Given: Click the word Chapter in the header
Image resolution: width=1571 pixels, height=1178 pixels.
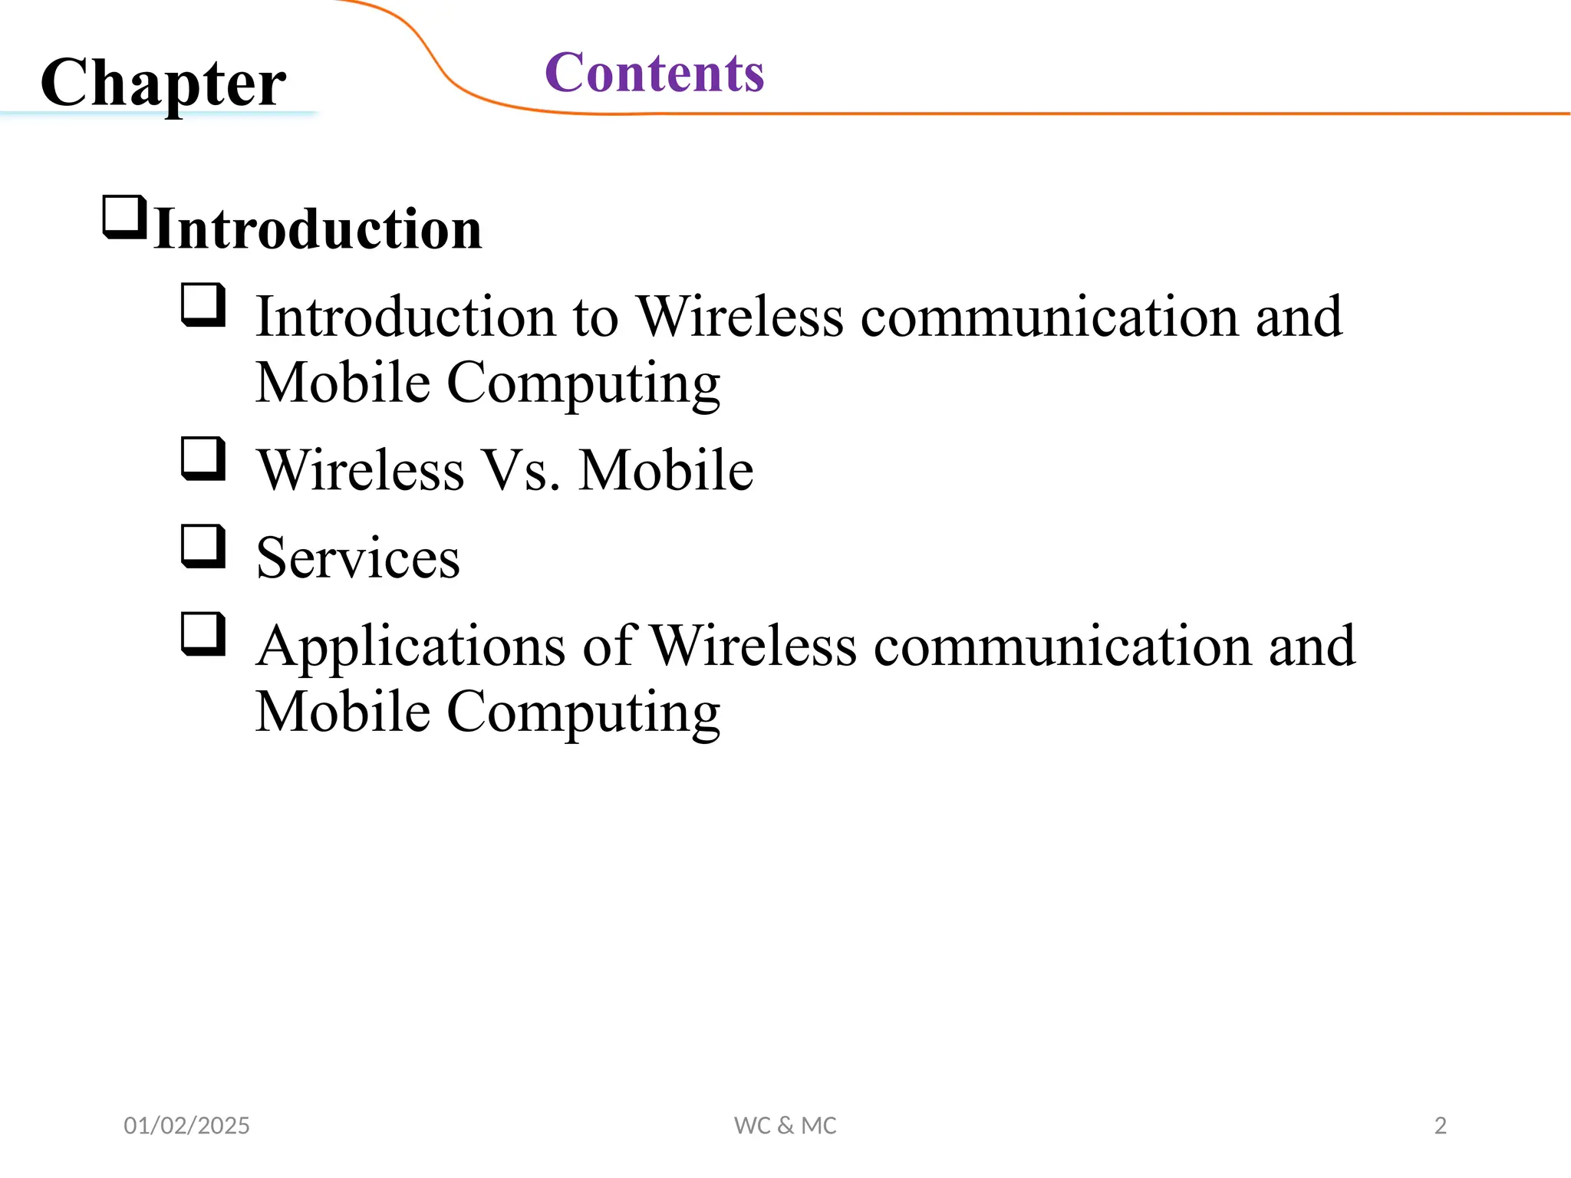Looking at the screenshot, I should coord(163,83).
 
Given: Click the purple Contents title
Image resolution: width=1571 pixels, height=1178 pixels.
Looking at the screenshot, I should coord(654,73).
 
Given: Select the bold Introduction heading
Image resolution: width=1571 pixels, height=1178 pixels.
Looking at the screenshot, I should coord(318,229).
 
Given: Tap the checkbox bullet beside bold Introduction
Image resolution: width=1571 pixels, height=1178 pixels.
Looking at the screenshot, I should coord(125,218).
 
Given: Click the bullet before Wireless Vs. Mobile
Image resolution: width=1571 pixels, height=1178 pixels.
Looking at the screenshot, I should coord(203,459).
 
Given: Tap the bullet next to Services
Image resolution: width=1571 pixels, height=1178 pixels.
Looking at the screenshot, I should coord(203,546).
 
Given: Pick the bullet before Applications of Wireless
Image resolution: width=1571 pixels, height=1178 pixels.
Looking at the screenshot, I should coord(203,634).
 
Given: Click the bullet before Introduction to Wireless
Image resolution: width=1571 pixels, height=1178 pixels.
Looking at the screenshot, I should coord(203,305).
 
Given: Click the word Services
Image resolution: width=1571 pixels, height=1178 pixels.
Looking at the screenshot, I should coord(357,558).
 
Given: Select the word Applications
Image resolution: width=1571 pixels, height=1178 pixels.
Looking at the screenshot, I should coord(411,646).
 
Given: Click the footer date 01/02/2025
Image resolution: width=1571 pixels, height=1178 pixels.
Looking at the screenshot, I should coord(186,1125).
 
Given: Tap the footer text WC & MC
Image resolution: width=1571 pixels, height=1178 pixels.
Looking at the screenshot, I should coord(785,1125).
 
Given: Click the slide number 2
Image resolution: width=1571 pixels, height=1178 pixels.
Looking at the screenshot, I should coord(1440,1125).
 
